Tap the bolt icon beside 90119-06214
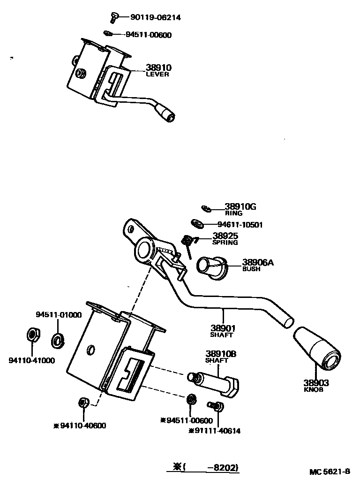113,17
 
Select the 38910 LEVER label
157,70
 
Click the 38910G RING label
240,209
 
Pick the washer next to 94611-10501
196,224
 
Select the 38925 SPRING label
225,239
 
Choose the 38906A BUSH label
257,265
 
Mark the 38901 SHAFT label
222,331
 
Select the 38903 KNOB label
315,386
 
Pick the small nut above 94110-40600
83,403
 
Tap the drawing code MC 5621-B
329,472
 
